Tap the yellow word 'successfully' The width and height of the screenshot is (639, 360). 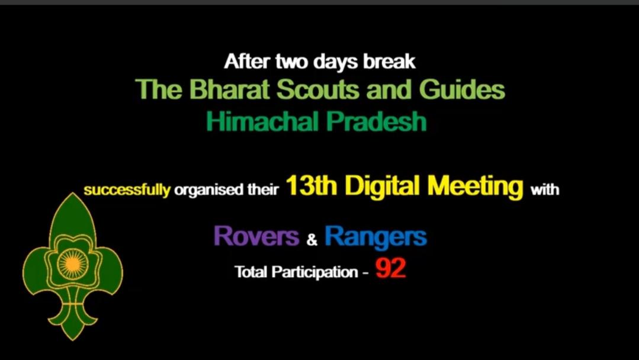coord(127,191)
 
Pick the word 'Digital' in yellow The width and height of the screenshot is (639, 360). coord(384,187)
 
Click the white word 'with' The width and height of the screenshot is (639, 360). coord(544,191)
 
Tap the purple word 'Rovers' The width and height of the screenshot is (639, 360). coord(256,236)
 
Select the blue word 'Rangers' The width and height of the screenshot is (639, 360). coord(375,237)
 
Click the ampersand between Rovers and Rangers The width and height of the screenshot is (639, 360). coord(312,240)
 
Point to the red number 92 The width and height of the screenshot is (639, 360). coord(390,269)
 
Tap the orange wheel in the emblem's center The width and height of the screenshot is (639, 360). coord(73,262)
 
